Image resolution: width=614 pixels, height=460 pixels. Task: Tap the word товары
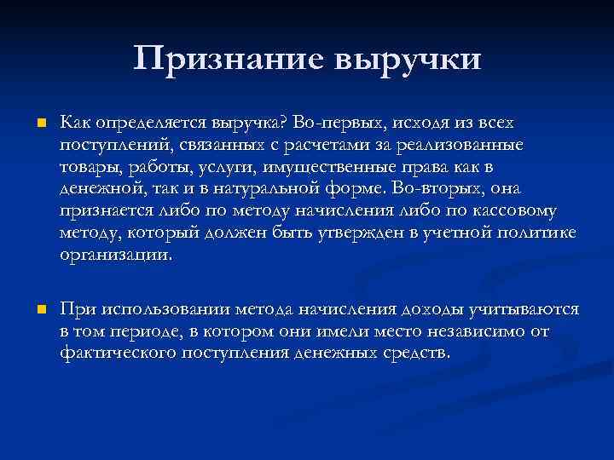(x=88, y=168)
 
